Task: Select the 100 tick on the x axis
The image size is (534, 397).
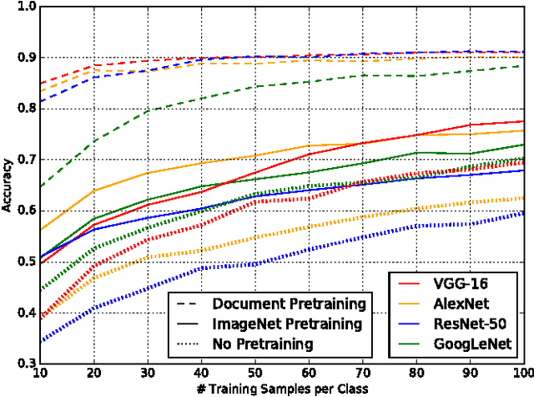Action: [523, 374]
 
